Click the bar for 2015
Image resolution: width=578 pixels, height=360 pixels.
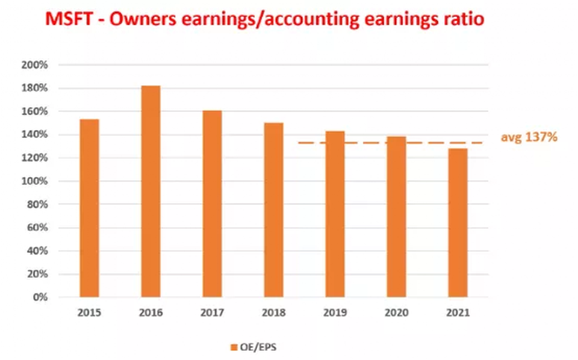[x=89, y=208]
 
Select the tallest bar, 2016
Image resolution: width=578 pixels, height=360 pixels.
[x=151, y=191]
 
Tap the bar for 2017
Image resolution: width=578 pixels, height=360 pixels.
[x=213, y=203]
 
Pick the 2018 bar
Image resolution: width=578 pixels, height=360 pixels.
[x=273, y=210]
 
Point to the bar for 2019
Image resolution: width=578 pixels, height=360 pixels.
[x=335, y=214]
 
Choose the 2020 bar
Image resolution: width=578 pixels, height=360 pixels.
[x=396, y=217]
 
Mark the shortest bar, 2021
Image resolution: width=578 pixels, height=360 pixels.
[x=458, y=223]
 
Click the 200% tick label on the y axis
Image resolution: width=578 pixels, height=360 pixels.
[x=35, y=65]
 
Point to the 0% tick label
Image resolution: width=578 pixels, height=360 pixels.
[x=40, y=297]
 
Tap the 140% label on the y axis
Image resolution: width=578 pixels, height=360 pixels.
[x=35, y=134]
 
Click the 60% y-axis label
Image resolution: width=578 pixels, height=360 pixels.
[x=37, y=228]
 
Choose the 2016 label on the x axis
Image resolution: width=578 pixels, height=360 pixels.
[x=151, y=313]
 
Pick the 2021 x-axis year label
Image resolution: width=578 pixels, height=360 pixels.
[x=458, y=313]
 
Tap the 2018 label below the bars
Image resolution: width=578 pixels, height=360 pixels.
[x=273, y=313]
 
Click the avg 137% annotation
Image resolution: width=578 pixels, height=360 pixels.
[x=529, y=137]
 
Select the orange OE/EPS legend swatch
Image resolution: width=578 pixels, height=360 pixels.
[x=234, y=347]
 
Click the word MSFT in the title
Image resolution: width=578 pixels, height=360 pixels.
[x=69, y=19]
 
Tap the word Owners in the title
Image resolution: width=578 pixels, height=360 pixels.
[x=143, y=19]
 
